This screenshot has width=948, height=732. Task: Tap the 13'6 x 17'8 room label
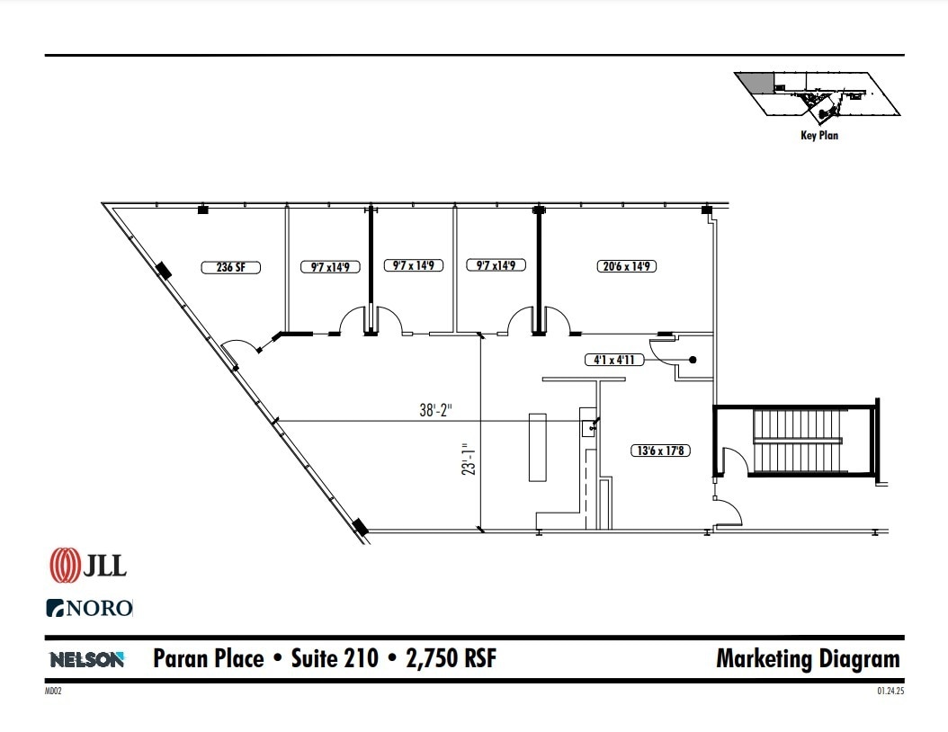tap(658, 451)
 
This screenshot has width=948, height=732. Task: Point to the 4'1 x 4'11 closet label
tap(614, 361)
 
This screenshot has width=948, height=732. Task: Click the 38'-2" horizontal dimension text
tap(436, 411)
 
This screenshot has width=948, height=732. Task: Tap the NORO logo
tap(89, 608)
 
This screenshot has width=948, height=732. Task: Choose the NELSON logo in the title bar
tap(86, 659)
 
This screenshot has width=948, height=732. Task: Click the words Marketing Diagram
tap(807, 658)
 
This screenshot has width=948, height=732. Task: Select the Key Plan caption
tap(818, 136)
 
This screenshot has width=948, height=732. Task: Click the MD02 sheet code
tap(53, 692)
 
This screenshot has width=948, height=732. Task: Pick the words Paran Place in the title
tap(209, 659)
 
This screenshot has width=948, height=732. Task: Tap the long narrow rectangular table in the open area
tap(537, 447)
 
